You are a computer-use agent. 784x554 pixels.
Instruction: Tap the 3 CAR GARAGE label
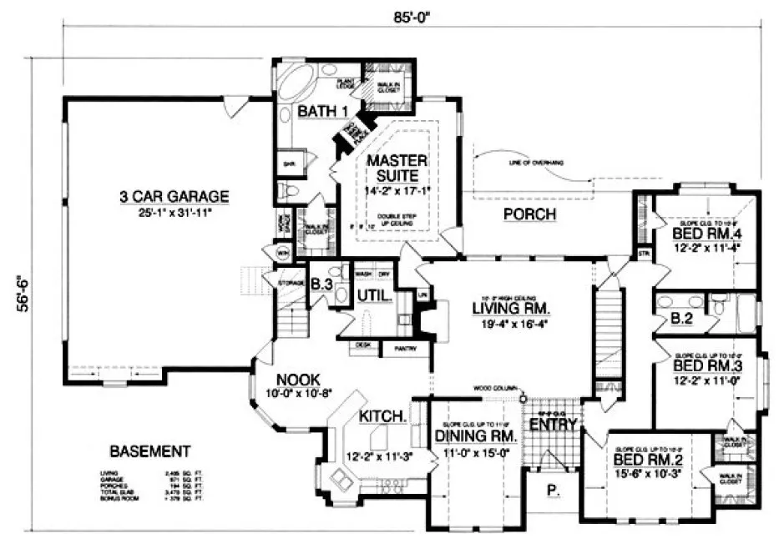(174, 197)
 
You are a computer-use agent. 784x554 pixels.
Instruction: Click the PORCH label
(530, 215)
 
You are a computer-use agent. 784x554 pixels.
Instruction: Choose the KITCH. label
(382, 415)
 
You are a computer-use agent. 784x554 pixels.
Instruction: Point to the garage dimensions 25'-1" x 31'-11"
(174, 213)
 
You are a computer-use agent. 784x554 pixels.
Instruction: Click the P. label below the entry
(553, 491)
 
